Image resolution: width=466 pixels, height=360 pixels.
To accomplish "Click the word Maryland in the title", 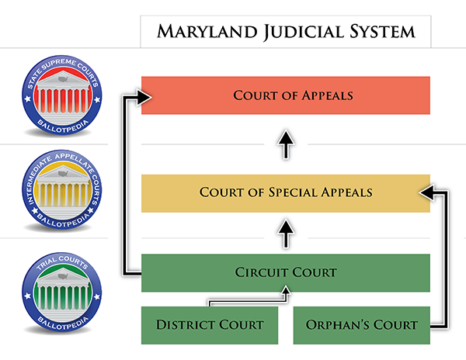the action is [x=207, y=32].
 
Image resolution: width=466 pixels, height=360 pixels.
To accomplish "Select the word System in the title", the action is [x=382, y=32].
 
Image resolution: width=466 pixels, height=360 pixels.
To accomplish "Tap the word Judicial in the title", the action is [x=304, y=32].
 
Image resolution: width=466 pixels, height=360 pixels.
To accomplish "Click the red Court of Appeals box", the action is [x=286, y=95].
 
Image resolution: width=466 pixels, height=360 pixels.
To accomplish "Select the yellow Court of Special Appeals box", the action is [x=286, y=193].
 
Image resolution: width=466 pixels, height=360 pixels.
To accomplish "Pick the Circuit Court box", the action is [x=286, y=273].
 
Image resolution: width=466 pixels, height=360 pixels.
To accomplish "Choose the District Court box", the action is [x=210, y=325].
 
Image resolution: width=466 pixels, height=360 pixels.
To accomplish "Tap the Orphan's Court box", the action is [x=362, y=325].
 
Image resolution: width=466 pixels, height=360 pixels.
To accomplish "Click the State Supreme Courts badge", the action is [x=62, y=95].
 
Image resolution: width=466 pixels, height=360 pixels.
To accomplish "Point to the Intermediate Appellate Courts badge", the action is [x=62, y=189].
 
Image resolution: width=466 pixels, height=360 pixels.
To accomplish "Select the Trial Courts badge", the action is [x=62, y=292].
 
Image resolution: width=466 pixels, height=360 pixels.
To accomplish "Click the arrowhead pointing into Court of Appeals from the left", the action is [x=144, y=97].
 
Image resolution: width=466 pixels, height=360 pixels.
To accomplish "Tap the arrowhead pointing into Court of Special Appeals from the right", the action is [x=426, y=193].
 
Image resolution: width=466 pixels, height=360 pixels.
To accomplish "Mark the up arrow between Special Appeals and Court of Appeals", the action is [x=286, y=144].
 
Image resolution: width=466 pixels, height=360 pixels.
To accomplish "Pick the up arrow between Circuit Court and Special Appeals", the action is [x=286, y=234].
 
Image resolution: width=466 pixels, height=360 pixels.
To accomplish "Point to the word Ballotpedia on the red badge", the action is [x=63, y=126].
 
